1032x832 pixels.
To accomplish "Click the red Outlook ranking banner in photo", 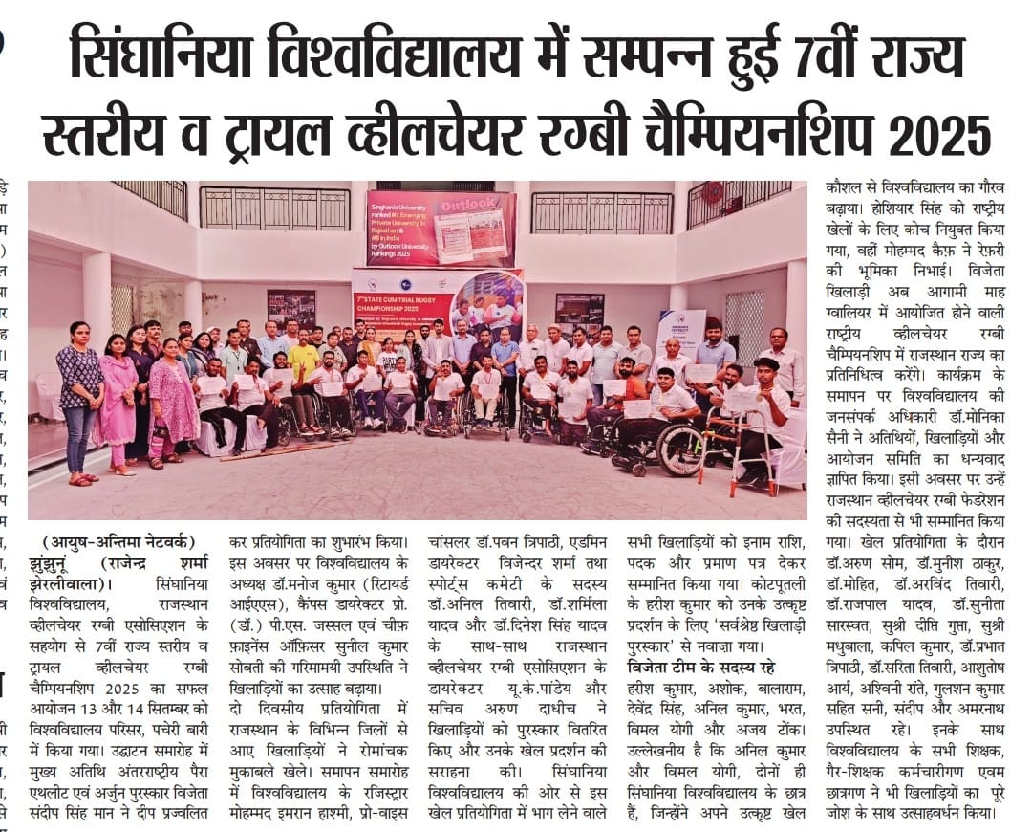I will coord(441,229).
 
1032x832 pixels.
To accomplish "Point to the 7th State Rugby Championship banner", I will coord(437,301).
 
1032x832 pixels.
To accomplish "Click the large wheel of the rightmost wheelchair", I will coord(680,449).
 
